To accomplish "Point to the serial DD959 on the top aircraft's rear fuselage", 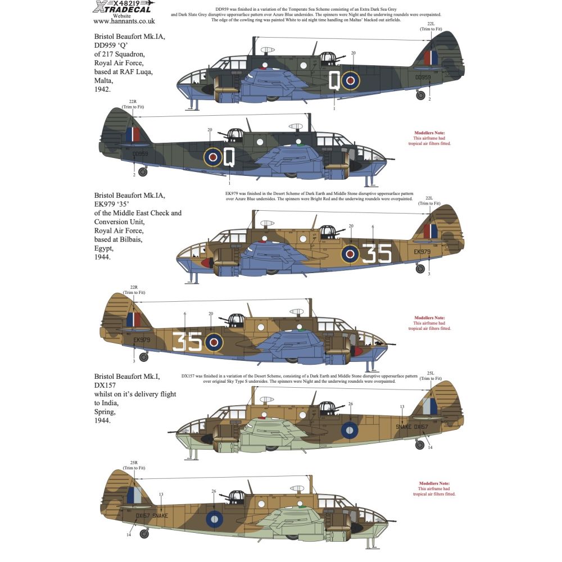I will [423, 78].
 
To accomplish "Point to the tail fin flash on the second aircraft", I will [133, 134].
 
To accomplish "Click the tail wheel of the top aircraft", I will [420, 96].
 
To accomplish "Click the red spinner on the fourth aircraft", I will [357, 351].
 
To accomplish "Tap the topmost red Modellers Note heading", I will [428, 133].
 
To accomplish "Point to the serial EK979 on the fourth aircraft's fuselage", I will [142, 340].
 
